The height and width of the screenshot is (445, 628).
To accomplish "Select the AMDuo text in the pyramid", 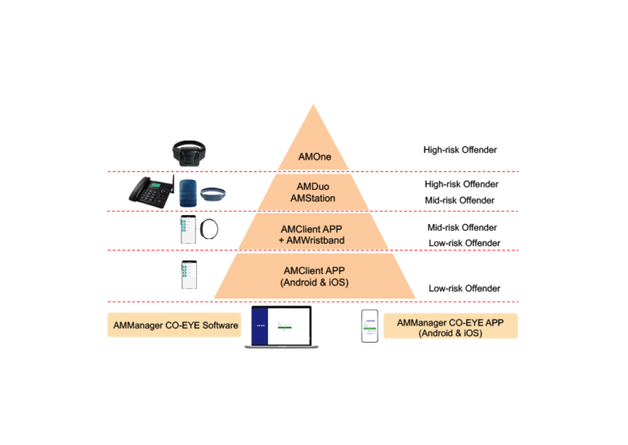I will coord(315,187).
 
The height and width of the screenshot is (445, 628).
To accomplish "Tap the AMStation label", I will coord(315,199).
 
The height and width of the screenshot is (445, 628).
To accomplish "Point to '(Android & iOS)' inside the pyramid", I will coord(315,282).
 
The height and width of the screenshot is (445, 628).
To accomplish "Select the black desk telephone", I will coord(150,192).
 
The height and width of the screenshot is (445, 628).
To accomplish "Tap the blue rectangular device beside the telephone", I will coord(188,191).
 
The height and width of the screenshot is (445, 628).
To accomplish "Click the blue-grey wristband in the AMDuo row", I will coord(213,193).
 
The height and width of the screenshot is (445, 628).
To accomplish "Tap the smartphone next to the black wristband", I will coord(189,230).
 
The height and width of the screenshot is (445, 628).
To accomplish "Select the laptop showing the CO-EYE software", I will coord(281,328).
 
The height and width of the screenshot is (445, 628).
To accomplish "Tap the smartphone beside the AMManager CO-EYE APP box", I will coord(370,326).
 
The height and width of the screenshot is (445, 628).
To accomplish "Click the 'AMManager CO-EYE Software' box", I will coord(174,325).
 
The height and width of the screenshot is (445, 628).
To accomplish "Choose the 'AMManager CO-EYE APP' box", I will coord(450,326).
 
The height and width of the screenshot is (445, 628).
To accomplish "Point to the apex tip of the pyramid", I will coord(314,104).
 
